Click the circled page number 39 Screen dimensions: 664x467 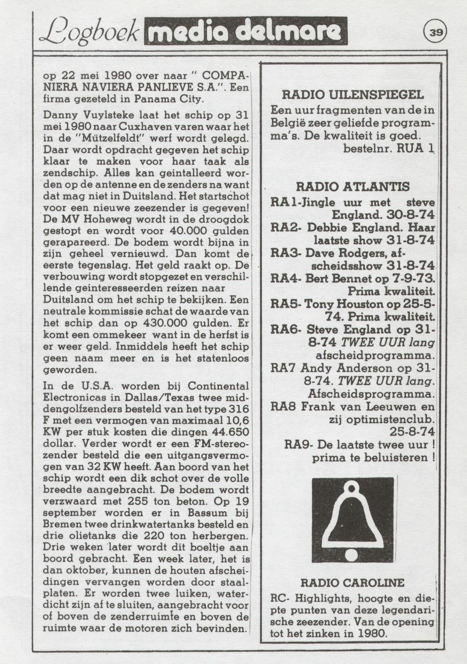pos(436,33)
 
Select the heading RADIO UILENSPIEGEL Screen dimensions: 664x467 pos(353,95)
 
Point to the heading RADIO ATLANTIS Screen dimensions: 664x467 pos(353,187)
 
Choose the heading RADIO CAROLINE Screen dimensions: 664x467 pos(352,583)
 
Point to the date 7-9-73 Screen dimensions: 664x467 pos(415,279)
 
